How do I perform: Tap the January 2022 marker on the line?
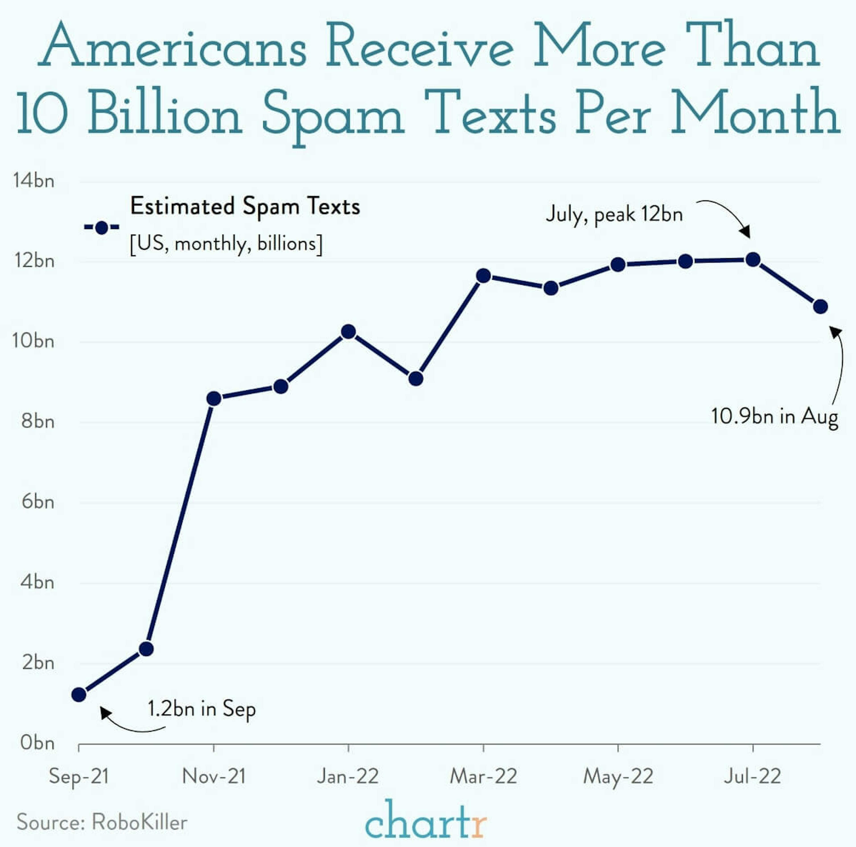(349, 332)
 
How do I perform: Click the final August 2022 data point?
(821, 306)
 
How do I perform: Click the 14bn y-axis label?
(34, 181)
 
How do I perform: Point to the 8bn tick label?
(38, 421)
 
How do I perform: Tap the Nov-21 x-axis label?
(214, 776)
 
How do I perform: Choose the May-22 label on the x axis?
(618, 776)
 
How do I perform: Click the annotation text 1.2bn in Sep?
(202, 709)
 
